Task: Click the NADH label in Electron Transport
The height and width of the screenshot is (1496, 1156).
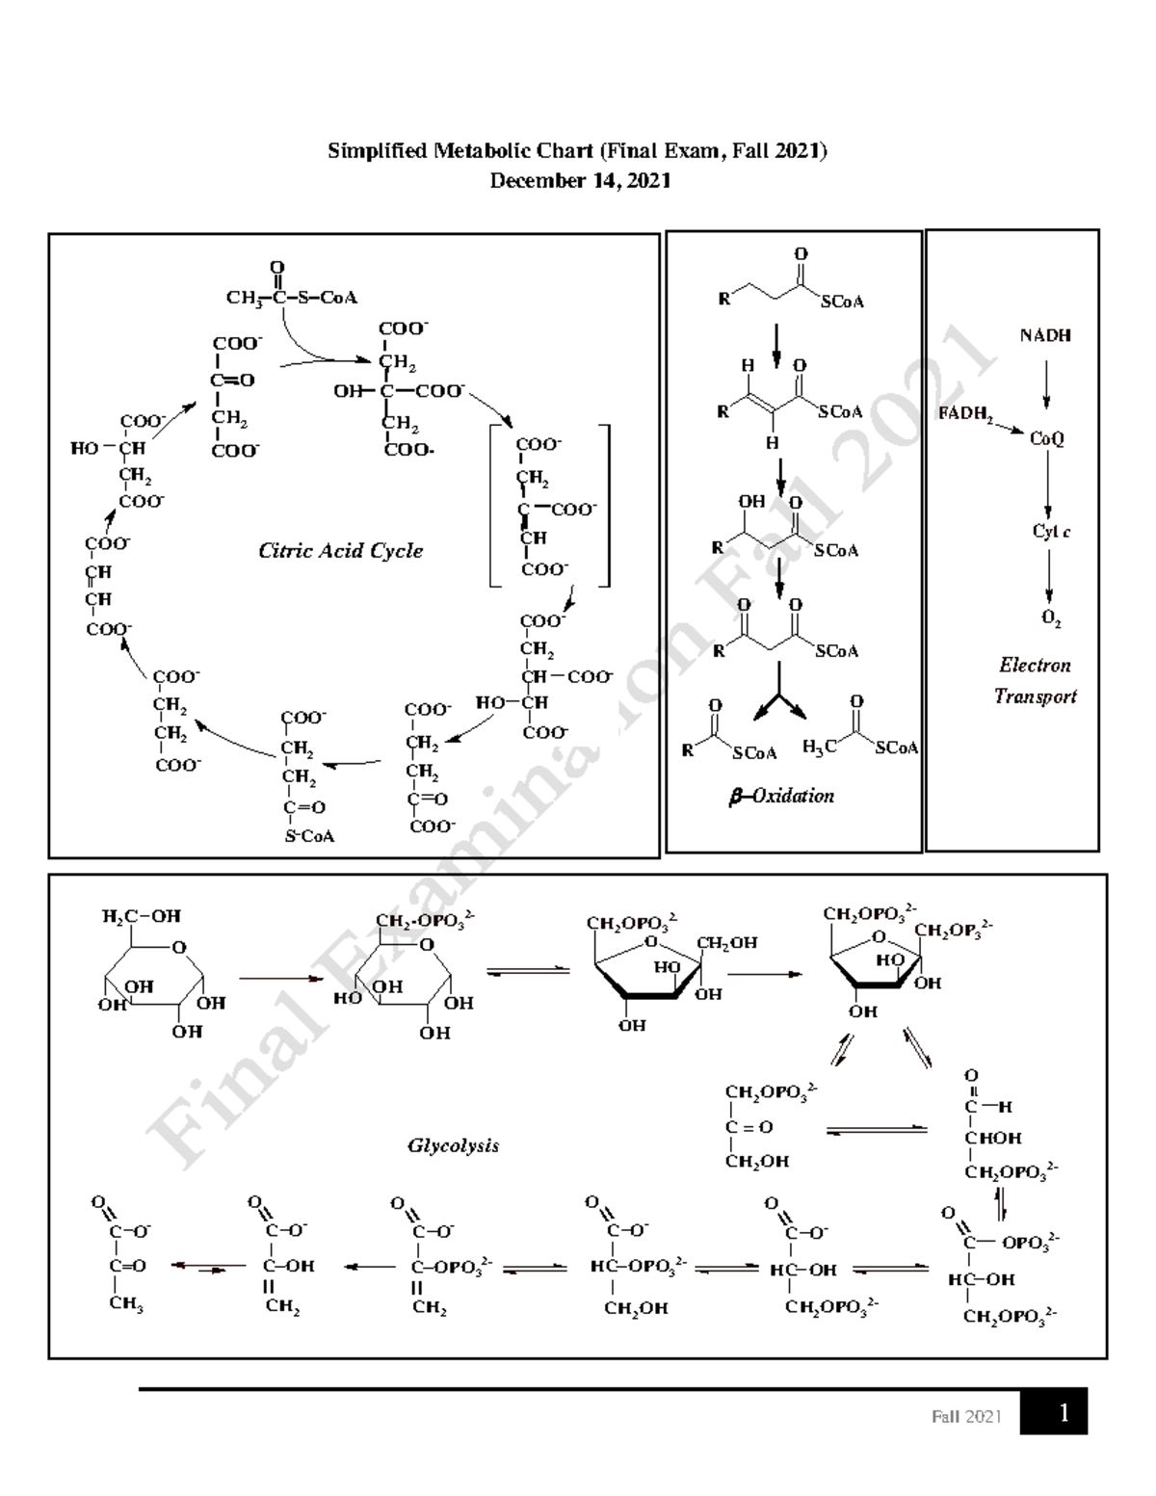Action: point(1045,336)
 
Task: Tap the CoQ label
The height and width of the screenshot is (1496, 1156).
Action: point(1047,439)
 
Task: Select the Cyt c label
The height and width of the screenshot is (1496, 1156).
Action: point(1051,532)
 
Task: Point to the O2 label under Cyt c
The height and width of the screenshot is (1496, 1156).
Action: point(1051,620)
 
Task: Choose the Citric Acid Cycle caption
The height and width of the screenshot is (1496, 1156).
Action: point(340,551)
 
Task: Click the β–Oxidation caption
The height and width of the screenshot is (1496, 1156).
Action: point(781,796)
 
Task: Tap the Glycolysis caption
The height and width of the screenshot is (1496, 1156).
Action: point(453,1146)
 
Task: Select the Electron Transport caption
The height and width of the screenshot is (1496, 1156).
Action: point(1036,680)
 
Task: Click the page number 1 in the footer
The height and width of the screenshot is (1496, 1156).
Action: point(1064,1413)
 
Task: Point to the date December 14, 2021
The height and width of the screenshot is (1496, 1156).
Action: point(580,181)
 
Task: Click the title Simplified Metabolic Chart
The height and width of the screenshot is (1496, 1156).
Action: point(577,151)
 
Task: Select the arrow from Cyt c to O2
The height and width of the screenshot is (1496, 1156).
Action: point(1049,577)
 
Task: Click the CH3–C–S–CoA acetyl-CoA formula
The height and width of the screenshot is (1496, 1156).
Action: point(291,297)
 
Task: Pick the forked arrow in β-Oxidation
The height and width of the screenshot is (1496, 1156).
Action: point(779,704)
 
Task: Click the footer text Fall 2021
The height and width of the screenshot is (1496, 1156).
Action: point(966,1416)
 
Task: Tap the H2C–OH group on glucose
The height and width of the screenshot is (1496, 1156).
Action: point(141,916)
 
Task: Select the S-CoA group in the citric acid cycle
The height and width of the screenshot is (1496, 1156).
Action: point(309,836)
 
